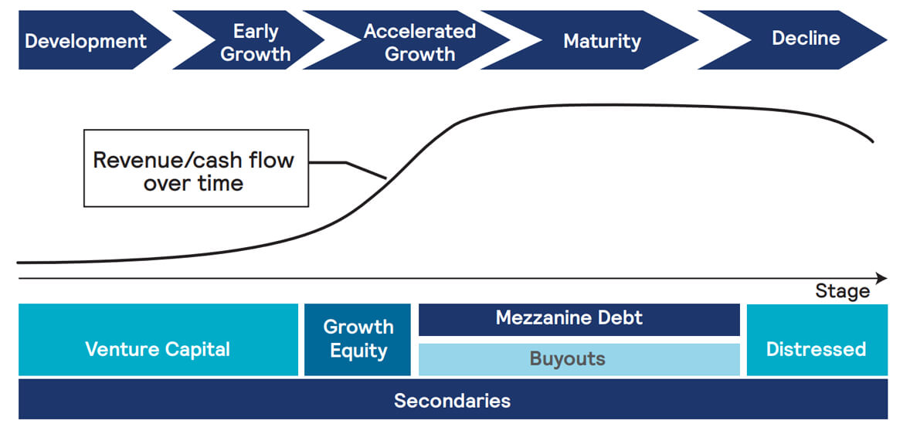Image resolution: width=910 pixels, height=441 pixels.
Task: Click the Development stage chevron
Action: (x=87, y=40)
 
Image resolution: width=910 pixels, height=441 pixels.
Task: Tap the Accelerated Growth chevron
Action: (x=415, y=40)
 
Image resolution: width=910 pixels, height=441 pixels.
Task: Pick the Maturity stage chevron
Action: (x=598, y=40)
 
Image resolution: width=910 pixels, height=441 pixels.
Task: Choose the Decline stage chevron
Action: (x=801, y=40)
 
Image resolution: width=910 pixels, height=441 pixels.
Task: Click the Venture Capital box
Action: (x=158, y=340)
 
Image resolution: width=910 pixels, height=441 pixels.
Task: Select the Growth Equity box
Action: (x=358, y=340)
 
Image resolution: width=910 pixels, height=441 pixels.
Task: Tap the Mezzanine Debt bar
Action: (x=579, y=320)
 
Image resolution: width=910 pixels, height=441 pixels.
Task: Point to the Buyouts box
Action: (x=579, y=360)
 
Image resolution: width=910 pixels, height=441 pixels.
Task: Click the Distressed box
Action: (x=817, y=340)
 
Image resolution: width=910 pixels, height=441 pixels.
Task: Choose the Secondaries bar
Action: (x=453, y=399)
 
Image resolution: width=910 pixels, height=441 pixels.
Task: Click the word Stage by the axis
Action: (x=843, y=291)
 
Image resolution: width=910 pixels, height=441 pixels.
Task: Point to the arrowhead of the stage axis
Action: (x=881, y=279)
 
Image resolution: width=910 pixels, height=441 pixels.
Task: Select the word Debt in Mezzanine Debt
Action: (x=623, y=318)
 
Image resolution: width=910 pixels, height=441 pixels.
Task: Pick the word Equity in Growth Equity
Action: (x=358, y=351)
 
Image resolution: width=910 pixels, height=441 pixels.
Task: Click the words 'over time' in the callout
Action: (x=193, y=184)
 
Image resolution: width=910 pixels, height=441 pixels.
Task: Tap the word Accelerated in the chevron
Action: (x=419, y=31)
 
